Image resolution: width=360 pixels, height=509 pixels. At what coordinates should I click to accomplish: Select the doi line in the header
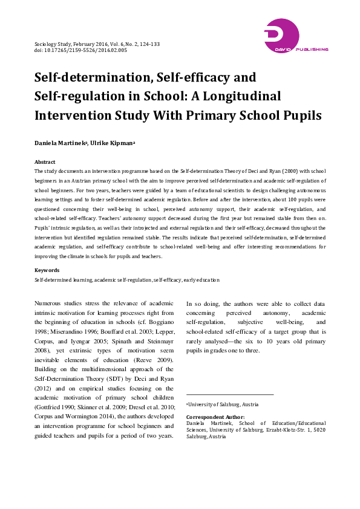click(x=80, y=51)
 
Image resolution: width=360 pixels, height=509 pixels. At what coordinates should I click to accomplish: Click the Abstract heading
click(x=45, y=162)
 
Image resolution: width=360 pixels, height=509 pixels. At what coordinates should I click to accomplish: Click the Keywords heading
click(x=47, y=270)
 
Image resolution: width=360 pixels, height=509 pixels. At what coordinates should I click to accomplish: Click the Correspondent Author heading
click(x=215, y=417)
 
